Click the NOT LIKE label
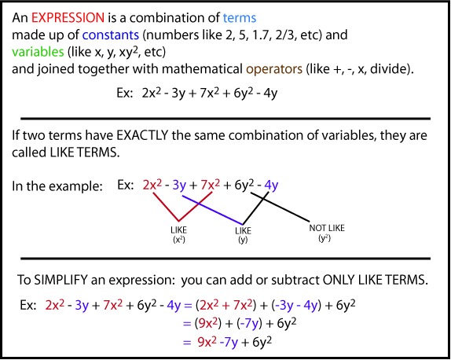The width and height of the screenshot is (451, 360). point(323,229)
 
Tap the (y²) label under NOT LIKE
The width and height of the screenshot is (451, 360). point(322,238)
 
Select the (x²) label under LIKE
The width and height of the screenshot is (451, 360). point(178,238)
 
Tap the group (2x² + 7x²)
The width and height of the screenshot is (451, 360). point(268,303)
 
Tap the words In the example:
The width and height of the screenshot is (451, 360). point(57,186)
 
